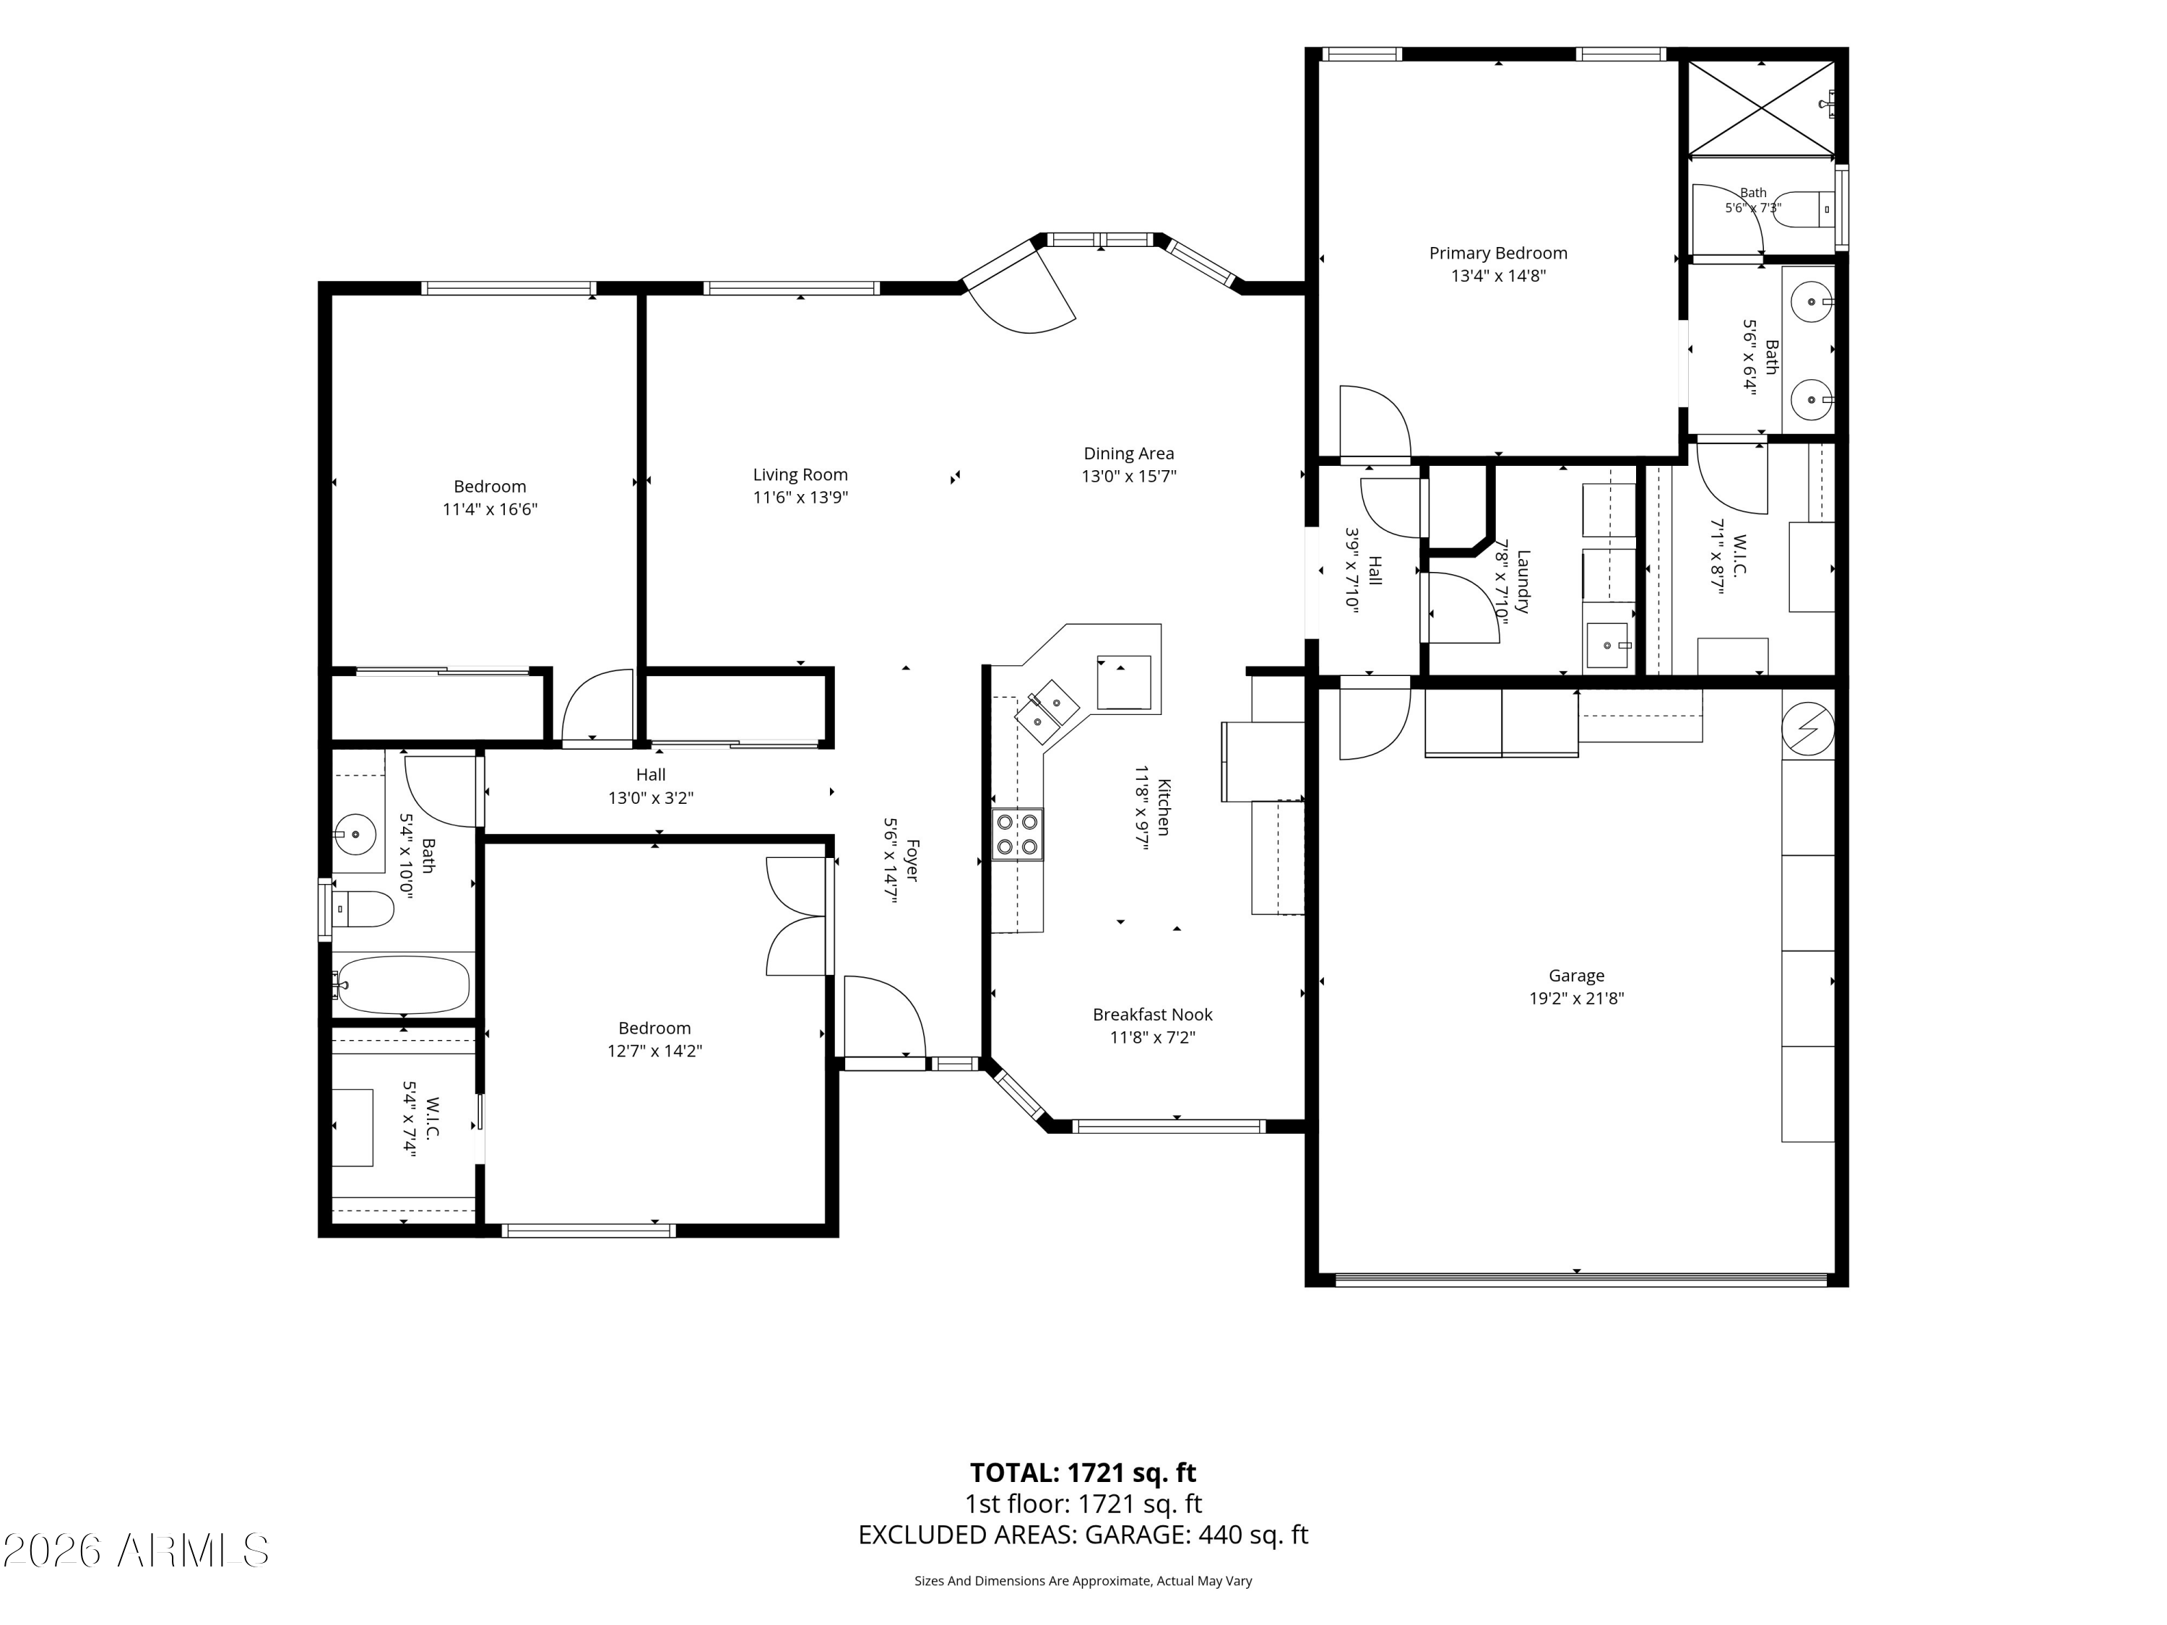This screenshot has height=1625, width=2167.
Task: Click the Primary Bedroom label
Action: pyautogui.click(x=1498, y=253)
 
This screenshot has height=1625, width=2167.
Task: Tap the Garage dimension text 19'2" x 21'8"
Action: pyautogui.click(x=1576, y=998)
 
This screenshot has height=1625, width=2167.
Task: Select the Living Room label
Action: pyautogui.click(x=800, y=475)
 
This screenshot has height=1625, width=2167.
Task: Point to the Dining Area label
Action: pyautogui.click(x=1128, y=454)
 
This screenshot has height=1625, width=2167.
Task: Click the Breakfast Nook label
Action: pyautogui.click(x=1153, y=1015)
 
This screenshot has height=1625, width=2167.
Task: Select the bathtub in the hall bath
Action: pyautogui.click(x=402, y=984)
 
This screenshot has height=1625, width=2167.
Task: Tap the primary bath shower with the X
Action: pyautogui.click(x=1760, y=108)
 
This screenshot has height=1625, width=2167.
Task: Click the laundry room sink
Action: pyautogui.click(x=1606, y=646)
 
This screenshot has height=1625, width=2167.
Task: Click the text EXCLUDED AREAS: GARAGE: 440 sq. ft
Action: pyautogui.click(x=1083, y=1534)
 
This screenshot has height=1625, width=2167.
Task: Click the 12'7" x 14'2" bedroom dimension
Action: pyautogui.click(x=654, y=1051)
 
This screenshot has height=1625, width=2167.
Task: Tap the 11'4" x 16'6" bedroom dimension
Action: pyautogui.click(x=490, y=509)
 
